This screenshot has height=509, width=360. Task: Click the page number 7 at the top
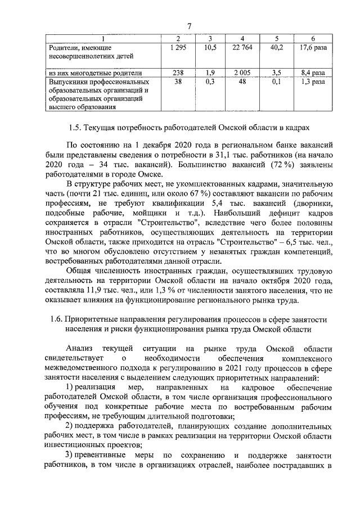(189, 26)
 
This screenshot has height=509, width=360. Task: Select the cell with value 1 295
(177, 48)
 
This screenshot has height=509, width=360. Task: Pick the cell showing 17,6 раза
(313, 48)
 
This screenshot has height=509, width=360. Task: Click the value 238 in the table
(177, 73)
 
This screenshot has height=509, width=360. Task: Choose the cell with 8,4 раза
(313, 73)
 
